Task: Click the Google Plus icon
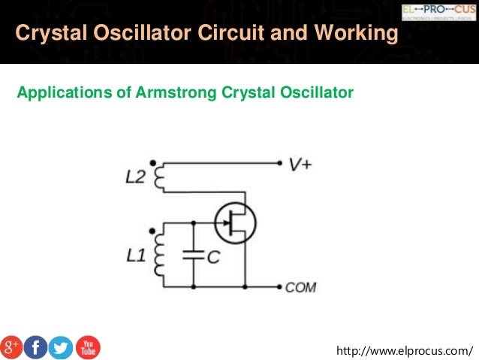click(12, 346)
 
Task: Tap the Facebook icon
click(37, 346)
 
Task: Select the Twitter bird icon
click(62, 346)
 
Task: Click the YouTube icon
click(87, 346)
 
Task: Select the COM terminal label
click(300, 287)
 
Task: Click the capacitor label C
click(212, 257)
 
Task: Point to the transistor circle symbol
click(235, 222)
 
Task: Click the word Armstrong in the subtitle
click(177, 93)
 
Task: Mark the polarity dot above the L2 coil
click(153, 162)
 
